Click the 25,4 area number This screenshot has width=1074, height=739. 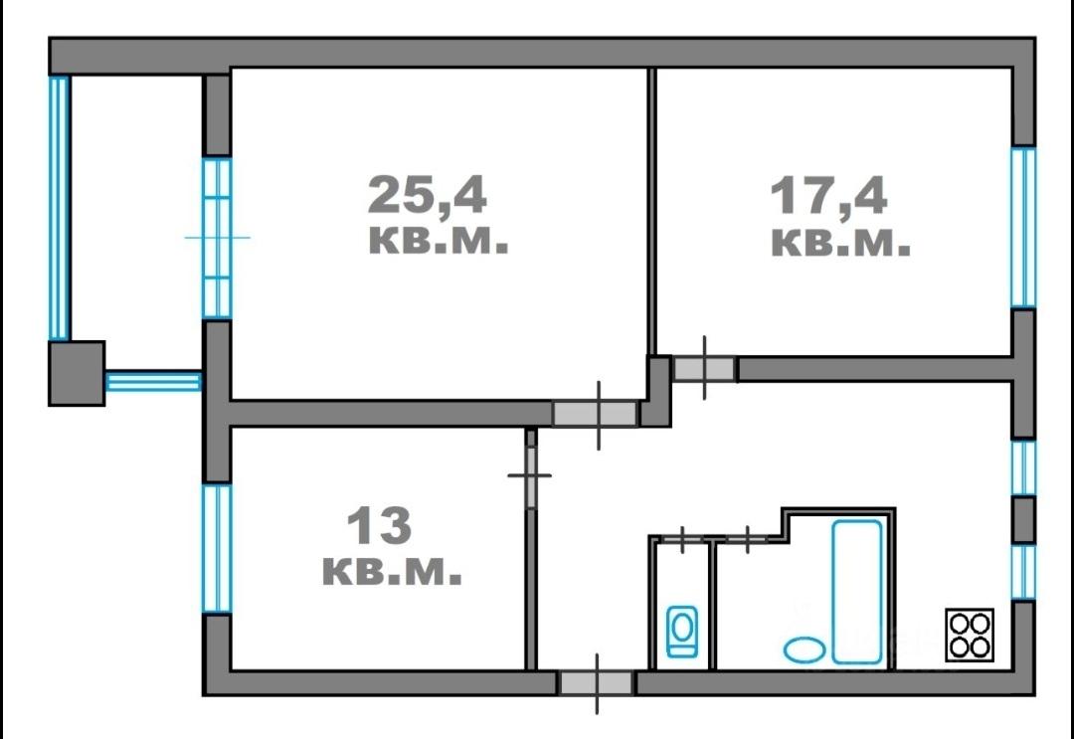point(428,195)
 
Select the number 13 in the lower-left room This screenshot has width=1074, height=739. point(379,526)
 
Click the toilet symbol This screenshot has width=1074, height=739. point(682,632)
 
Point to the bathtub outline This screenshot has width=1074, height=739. point(857,592)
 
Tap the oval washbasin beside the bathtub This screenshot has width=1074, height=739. point(805,649)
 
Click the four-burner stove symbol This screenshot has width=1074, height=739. point(970,635)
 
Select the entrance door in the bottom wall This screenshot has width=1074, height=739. point(596,683)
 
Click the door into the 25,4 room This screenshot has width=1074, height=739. point(596,414)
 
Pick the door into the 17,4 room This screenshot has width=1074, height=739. point(704,369)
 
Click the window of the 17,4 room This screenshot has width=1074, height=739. point(1023,228)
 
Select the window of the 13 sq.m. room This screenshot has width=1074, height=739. point(217,549)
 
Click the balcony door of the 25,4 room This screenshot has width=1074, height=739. point(217,238)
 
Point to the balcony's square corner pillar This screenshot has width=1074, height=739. point(77,373)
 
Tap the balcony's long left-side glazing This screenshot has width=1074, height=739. point(60,208)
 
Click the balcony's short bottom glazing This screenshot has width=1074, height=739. point(153,381)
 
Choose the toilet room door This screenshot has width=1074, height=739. point(683,540)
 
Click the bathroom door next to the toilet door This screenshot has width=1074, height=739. point(747,540)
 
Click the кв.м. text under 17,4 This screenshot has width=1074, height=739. point(840,243)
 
